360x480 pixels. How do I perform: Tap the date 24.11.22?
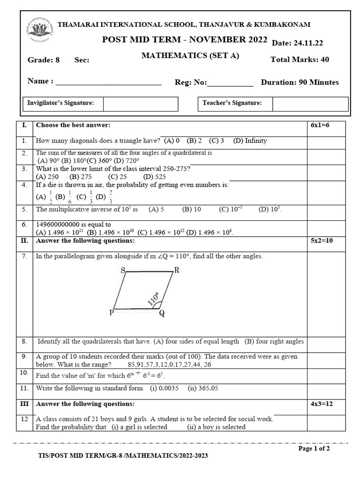(307, 43)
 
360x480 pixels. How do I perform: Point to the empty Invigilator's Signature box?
(140, 104)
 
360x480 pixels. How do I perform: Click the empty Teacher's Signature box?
(310, 104)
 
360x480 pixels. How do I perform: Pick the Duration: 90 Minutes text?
(300, 82)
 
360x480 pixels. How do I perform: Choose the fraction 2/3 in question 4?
(110, 196)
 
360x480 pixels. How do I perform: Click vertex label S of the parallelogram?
(122, 270)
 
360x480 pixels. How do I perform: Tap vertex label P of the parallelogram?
(112, 313)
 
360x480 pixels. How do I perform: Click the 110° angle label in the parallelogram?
(154, 299)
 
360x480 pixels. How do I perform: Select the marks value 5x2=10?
(322, 241)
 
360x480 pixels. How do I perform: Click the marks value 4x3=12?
(322, 404)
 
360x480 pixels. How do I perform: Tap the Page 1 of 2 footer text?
(314, 449)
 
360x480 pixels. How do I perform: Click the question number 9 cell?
(24, 356)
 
